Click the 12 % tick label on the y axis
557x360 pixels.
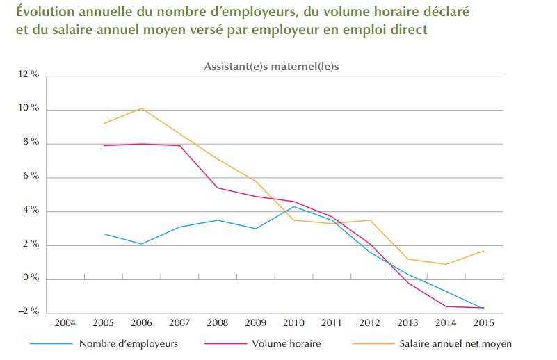point(29,75)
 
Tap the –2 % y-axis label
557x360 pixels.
point(29,311)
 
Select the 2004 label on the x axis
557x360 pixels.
point(65,323)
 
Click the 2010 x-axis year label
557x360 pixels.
point(294,323)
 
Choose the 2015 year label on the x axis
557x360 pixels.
point(484,323)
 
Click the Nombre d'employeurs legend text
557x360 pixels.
point(129,343)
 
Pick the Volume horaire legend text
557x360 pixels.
point(286,343)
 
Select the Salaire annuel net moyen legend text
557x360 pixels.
point(455,343)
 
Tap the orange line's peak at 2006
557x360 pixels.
point(142,108)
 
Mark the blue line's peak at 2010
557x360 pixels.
point(294,206)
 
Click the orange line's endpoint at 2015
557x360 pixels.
point(484,251)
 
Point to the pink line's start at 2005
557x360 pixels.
point(104,146)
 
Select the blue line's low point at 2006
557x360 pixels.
point(142,244)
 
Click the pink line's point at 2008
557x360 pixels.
point(218,188)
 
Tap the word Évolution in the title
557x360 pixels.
point(44,12)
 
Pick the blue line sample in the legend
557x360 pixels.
point(51,343)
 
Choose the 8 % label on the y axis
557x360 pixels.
point(31,143)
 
